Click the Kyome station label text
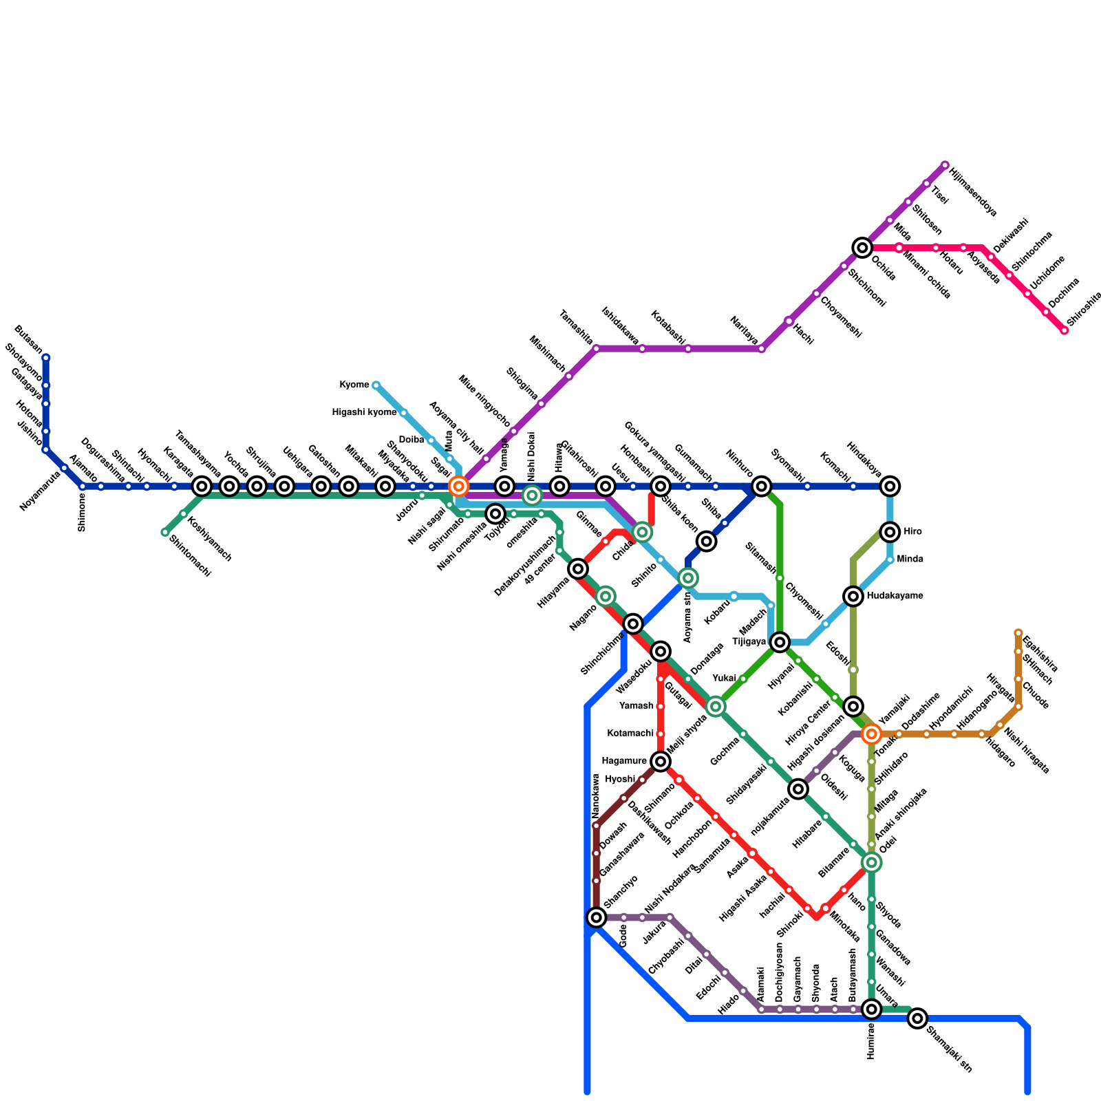click(354, 385)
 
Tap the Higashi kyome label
click(364, 412)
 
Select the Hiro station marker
click(890, 531)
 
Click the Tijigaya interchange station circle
click(780, 642)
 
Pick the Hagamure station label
click(624, 760)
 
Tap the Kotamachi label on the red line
click(630, 734)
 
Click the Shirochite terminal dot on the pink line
click(1064, 330)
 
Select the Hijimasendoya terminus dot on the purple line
click(945, 165)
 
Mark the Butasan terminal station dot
click(46, 358)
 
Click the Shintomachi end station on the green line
click(164, 532)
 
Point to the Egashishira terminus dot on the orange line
click(1018, 633)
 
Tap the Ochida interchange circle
click(862, 248)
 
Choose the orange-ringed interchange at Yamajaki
click(871, 734)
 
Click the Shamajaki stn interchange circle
click(917, 1018)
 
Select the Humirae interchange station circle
click(871, 1009)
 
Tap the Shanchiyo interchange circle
click(597, 917)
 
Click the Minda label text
click(910, 559)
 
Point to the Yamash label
click(637, 706)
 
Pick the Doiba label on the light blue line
click(411, 440)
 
